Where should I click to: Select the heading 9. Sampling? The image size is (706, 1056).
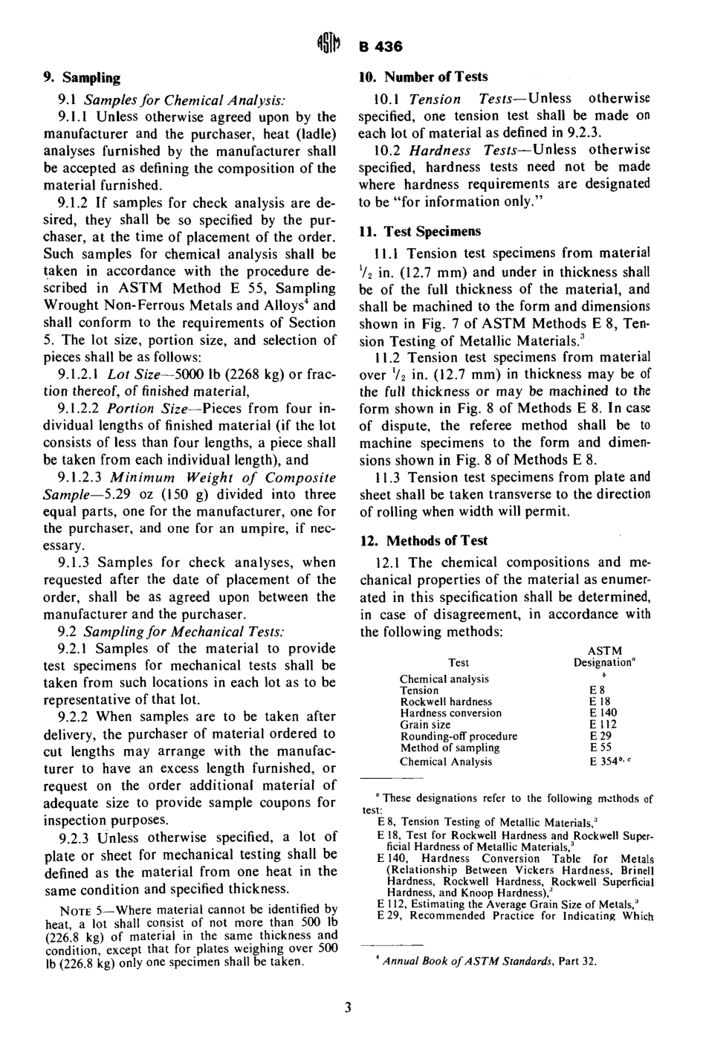[82, 77]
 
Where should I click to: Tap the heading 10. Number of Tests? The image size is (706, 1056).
[424, 77]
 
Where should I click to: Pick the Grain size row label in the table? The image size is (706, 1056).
[425, 725]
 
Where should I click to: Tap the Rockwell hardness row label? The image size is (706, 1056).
[446, 702]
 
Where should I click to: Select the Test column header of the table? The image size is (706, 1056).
[459, 662]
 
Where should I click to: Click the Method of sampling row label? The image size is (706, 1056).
[450, 748]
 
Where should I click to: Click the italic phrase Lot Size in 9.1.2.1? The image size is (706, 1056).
[134, 375]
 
